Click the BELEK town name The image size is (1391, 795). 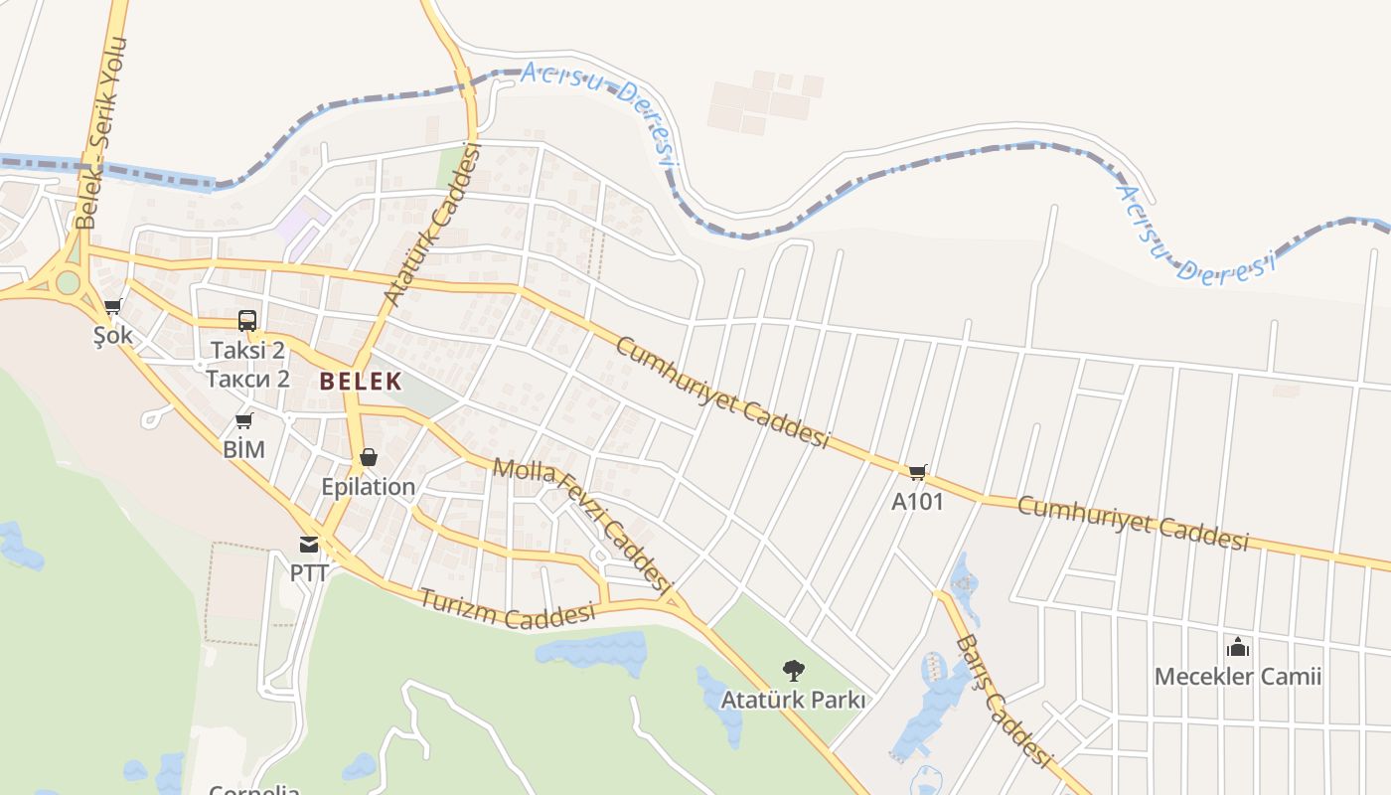pos(361,381)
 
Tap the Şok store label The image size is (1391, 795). pos(112,336)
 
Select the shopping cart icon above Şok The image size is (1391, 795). pos(113,307)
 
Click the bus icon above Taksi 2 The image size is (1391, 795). pos(247,321)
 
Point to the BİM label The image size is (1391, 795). pos(243,449)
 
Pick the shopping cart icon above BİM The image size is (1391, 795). pos(243,421)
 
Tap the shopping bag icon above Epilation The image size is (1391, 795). pos(369,457)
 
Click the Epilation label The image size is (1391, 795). pos(368,487)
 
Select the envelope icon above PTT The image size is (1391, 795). pos(309,545)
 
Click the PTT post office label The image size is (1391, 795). pos(309,573)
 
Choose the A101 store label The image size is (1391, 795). pos(917,502)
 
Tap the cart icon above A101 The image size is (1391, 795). pos(917,472)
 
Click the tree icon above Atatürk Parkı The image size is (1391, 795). pos(793,671)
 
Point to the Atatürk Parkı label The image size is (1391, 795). pos(793,700)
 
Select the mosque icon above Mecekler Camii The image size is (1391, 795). pos(1237,648)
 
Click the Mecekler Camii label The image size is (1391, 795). pos(1237,678)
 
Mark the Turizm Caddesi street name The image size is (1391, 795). pos(507,609)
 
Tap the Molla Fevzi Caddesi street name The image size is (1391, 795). pos(578,523)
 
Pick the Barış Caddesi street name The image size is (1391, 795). pos(1004,701)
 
